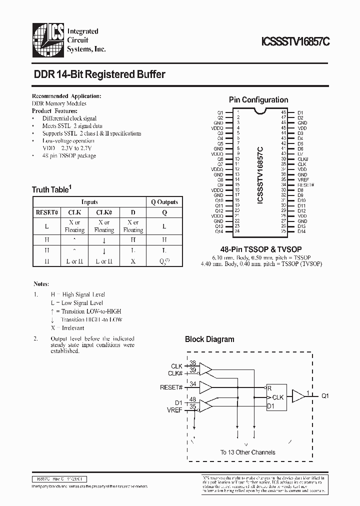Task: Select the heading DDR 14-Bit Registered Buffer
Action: pos(99,74)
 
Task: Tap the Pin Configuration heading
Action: pos(258,100)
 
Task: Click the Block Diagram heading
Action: pos(209,339)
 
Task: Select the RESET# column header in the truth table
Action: pos(47,212)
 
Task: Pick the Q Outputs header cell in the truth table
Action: pos(164,202)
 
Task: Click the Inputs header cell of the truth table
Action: pos(90,202)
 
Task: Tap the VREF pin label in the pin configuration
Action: pos(303,180)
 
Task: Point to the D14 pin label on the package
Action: pos(301,231)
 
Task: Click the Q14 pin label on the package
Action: pos(219,231)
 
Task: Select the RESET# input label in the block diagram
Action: pos(171,387)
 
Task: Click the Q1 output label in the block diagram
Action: pos(325,395)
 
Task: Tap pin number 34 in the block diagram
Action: pos(192,384)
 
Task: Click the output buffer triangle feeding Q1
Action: pos(298,396)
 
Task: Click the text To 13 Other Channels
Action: pos(247,452)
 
